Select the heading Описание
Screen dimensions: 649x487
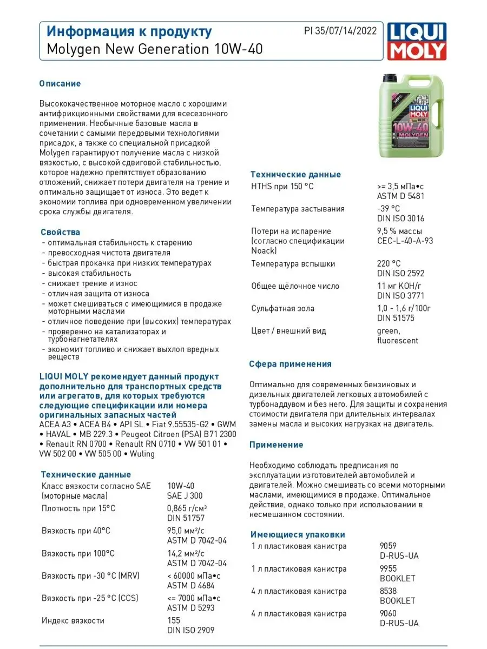[60, 83]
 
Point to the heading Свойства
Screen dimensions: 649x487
[60, 232]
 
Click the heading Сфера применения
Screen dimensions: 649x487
[290, 364]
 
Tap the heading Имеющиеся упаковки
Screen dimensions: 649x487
[298, 534]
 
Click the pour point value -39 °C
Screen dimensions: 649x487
[389, 209]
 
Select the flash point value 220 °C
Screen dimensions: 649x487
[389, 264]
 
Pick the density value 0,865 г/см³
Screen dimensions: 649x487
[187, 508]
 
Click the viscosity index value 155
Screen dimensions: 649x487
[174, 620]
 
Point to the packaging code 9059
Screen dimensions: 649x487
[389, 546]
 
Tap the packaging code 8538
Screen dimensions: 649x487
[389, 591]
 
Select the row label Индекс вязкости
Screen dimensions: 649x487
[73, 620]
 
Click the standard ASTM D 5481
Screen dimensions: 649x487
[400, 196]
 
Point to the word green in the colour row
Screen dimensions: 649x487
[389, 331]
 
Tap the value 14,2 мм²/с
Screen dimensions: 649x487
[186, 553]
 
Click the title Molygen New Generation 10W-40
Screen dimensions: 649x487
[152, 49]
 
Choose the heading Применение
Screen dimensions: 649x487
[276, 445]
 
